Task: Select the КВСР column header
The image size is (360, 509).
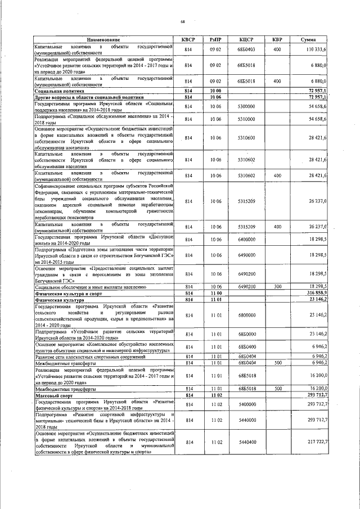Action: [x=188, y=40]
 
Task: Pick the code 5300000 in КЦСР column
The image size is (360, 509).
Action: [x=246, y=106]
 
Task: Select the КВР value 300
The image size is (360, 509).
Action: [x=277, y=287]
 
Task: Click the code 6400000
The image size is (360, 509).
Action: [x=246, y=239]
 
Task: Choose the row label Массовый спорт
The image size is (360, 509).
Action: [x=51, y=397]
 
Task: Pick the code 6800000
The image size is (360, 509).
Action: [x=246, y=316]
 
